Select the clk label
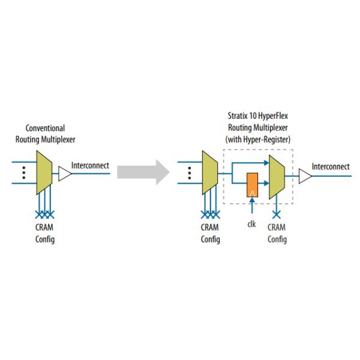(252, 225)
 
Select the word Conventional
(46, 128)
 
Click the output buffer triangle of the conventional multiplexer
(65, 173)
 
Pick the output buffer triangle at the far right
(305, 176)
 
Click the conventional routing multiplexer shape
(45, 173)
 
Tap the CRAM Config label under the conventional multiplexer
(45, 234)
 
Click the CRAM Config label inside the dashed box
(277, 234)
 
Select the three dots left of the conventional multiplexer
(23, 173)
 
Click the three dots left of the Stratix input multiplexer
(189, 173)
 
